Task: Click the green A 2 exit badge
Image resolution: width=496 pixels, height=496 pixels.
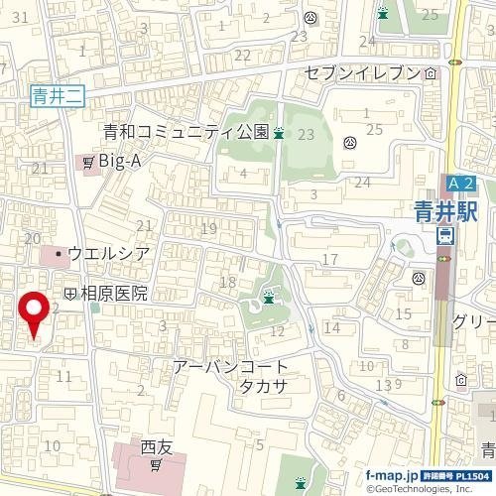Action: pyautogui.click(x=461, y=184)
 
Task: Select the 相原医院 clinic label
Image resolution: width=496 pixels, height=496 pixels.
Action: pyautogui.click(x=113, y=294)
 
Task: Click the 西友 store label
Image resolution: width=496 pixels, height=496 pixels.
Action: pyautogui.click(x=157, y=446)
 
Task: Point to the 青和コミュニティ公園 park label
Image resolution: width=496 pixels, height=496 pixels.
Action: pyautogui.click(x=186, y=131)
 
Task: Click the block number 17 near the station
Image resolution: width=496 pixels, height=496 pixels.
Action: pyautogui.click(x=329, y=260)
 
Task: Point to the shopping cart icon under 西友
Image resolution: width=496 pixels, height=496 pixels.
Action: pyautogui.click(x=157, y=464)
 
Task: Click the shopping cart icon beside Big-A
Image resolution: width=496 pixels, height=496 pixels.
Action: pyautogui.click(x=88, y=160)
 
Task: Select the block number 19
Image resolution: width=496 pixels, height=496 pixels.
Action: pyautogui.click(x=208, y=230)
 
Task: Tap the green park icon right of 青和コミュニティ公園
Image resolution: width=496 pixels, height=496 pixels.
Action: pyautogui.click(x=280, y=132)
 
